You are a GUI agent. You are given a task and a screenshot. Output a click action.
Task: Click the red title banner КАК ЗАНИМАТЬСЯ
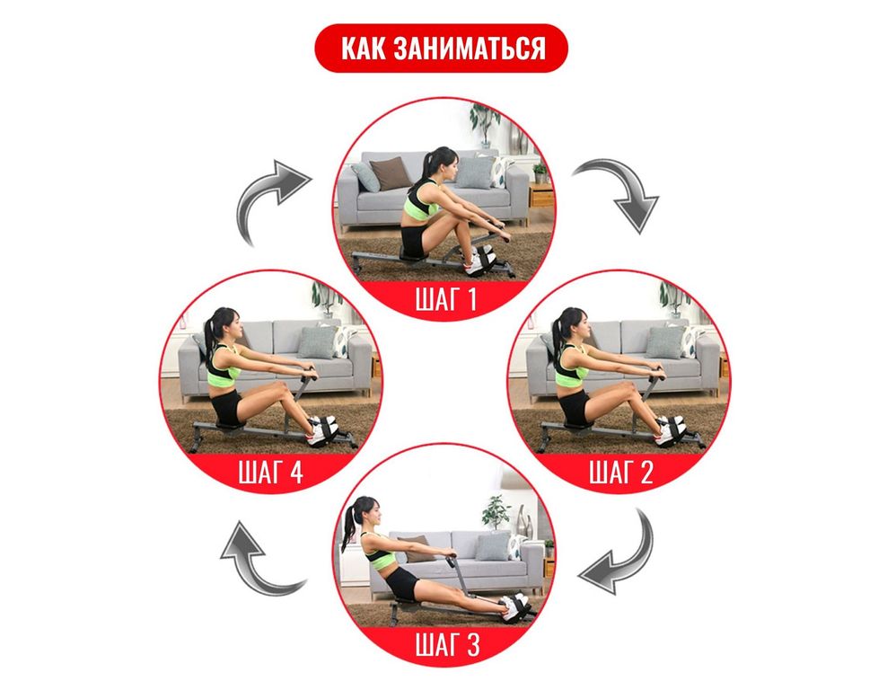(441, 48)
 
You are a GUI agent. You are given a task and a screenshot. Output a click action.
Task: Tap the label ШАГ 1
(445, 299)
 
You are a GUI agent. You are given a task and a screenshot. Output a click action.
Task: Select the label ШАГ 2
(620, 473)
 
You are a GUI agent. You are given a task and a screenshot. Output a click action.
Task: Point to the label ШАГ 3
(447, 645)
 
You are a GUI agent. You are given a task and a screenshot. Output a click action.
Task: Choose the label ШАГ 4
(270, 473)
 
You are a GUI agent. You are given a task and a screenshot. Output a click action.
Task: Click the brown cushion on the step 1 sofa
(391, 173)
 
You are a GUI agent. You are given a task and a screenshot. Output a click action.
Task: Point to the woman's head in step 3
(365, 512)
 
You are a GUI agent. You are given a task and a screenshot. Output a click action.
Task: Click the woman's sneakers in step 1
(478, 261)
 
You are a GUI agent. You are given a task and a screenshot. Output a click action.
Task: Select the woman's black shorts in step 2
(575, 406)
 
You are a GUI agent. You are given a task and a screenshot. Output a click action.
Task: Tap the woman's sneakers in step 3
(514, 606)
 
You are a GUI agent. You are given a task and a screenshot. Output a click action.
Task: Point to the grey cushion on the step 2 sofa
(664, 342)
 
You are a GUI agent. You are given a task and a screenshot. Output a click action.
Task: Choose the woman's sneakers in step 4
(322, 429)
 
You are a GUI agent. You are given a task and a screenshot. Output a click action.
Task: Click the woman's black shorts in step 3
(403, 584)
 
